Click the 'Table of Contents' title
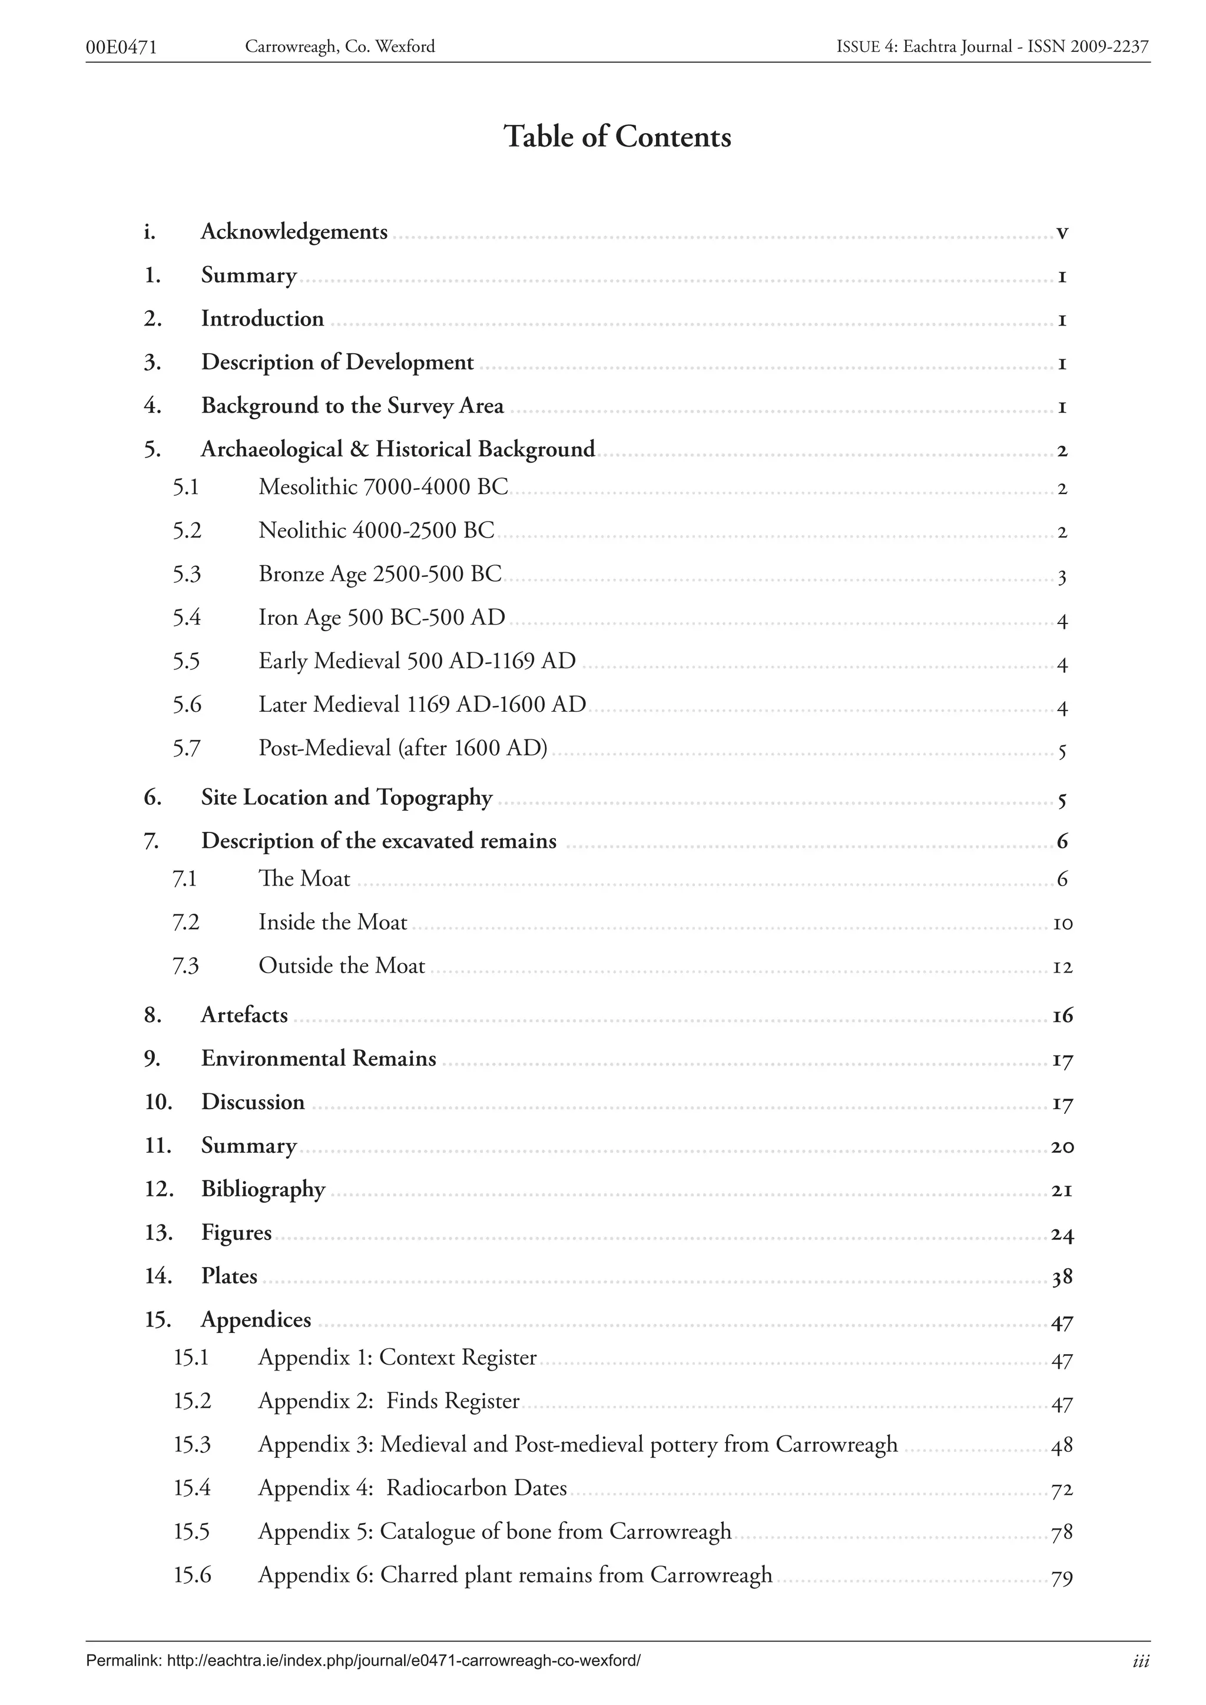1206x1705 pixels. tap(617, 137)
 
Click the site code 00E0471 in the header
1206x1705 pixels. tap(122, 48)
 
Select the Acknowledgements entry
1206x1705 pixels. tap(294, 232)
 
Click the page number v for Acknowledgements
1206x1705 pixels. tap(1062, 233)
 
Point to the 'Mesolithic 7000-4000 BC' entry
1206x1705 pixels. tap(383, 487)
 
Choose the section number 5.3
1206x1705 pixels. tap(187, 574)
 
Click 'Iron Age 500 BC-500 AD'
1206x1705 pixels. tap(382, 618)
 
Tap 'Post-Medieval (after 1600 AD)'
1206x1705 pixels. tap(403, 748)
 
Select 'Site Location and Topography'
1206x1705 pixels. tap(347, 798)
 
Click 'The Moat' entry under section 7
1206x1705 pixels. tap(304, 878)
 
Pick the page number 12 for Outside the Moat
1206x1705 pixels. tap(1063, 967)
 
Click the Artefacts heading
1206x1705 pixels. tap(244, 1015)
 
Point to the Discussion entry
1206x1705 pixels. tap(253, 1102)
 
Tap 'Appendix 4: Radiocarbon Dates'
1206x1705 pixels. tap(412, 1488)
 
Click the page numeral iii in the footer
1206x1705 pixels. tap(1141, 1662)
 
